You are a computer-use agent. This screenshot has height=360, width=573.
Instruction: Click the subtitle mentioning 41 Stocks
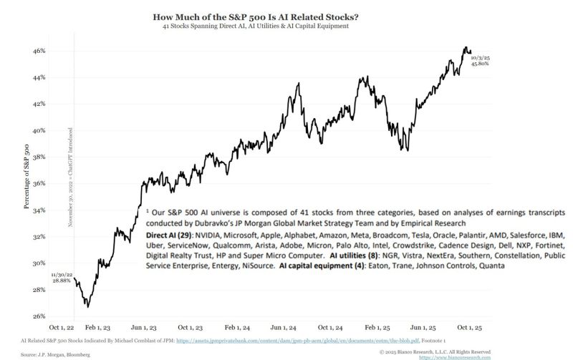(x=286, y=26)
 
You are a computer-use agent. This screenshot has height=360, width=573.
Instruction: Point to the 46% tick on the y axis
(x=39, y=51)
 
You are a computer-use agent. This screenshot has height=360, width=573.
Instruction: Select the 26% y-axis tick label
(x=39, y=316)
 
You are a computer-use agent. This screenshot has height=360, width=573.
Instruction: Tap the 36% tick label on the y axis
(x=39, y=183)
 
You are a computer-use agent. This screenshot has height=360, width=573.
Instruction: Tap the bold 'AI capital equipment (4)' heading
(x=322, y=266)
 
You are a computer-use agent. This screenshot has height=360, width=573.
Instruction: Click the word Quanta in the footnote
(x=491, y=266)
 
